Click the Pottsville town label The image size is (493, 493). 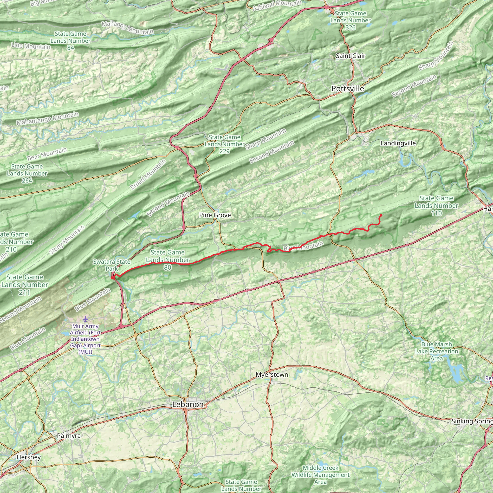(348, 89)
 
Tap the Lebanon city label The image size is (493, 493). (188, 404)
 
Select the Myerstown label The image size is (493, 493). (272, 375)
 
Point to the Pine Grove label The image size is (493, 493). (215, 215)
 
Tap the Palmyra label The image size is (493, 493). (69, 435)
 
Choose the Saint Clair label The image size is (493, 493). (350, 56)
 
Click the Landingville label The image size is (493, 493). (398, 143)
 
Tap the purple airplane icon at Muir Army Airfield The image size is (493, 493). (85, 319)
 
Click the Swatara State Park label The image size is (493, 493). (111, 265)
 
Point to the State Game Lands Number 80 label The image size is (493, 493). (167, 260)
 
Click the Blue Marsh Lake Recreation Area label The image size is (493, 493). (436, 351)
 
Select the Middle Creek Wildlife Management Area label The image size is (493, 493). (320, 475)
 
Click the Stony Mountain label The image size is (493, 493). (67, 240)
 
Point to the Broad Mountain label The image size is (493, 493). (148, 175)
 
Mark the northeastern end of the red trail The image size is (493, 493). (381, 215)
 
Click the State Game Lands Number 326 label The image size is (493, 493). (350, 20)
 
